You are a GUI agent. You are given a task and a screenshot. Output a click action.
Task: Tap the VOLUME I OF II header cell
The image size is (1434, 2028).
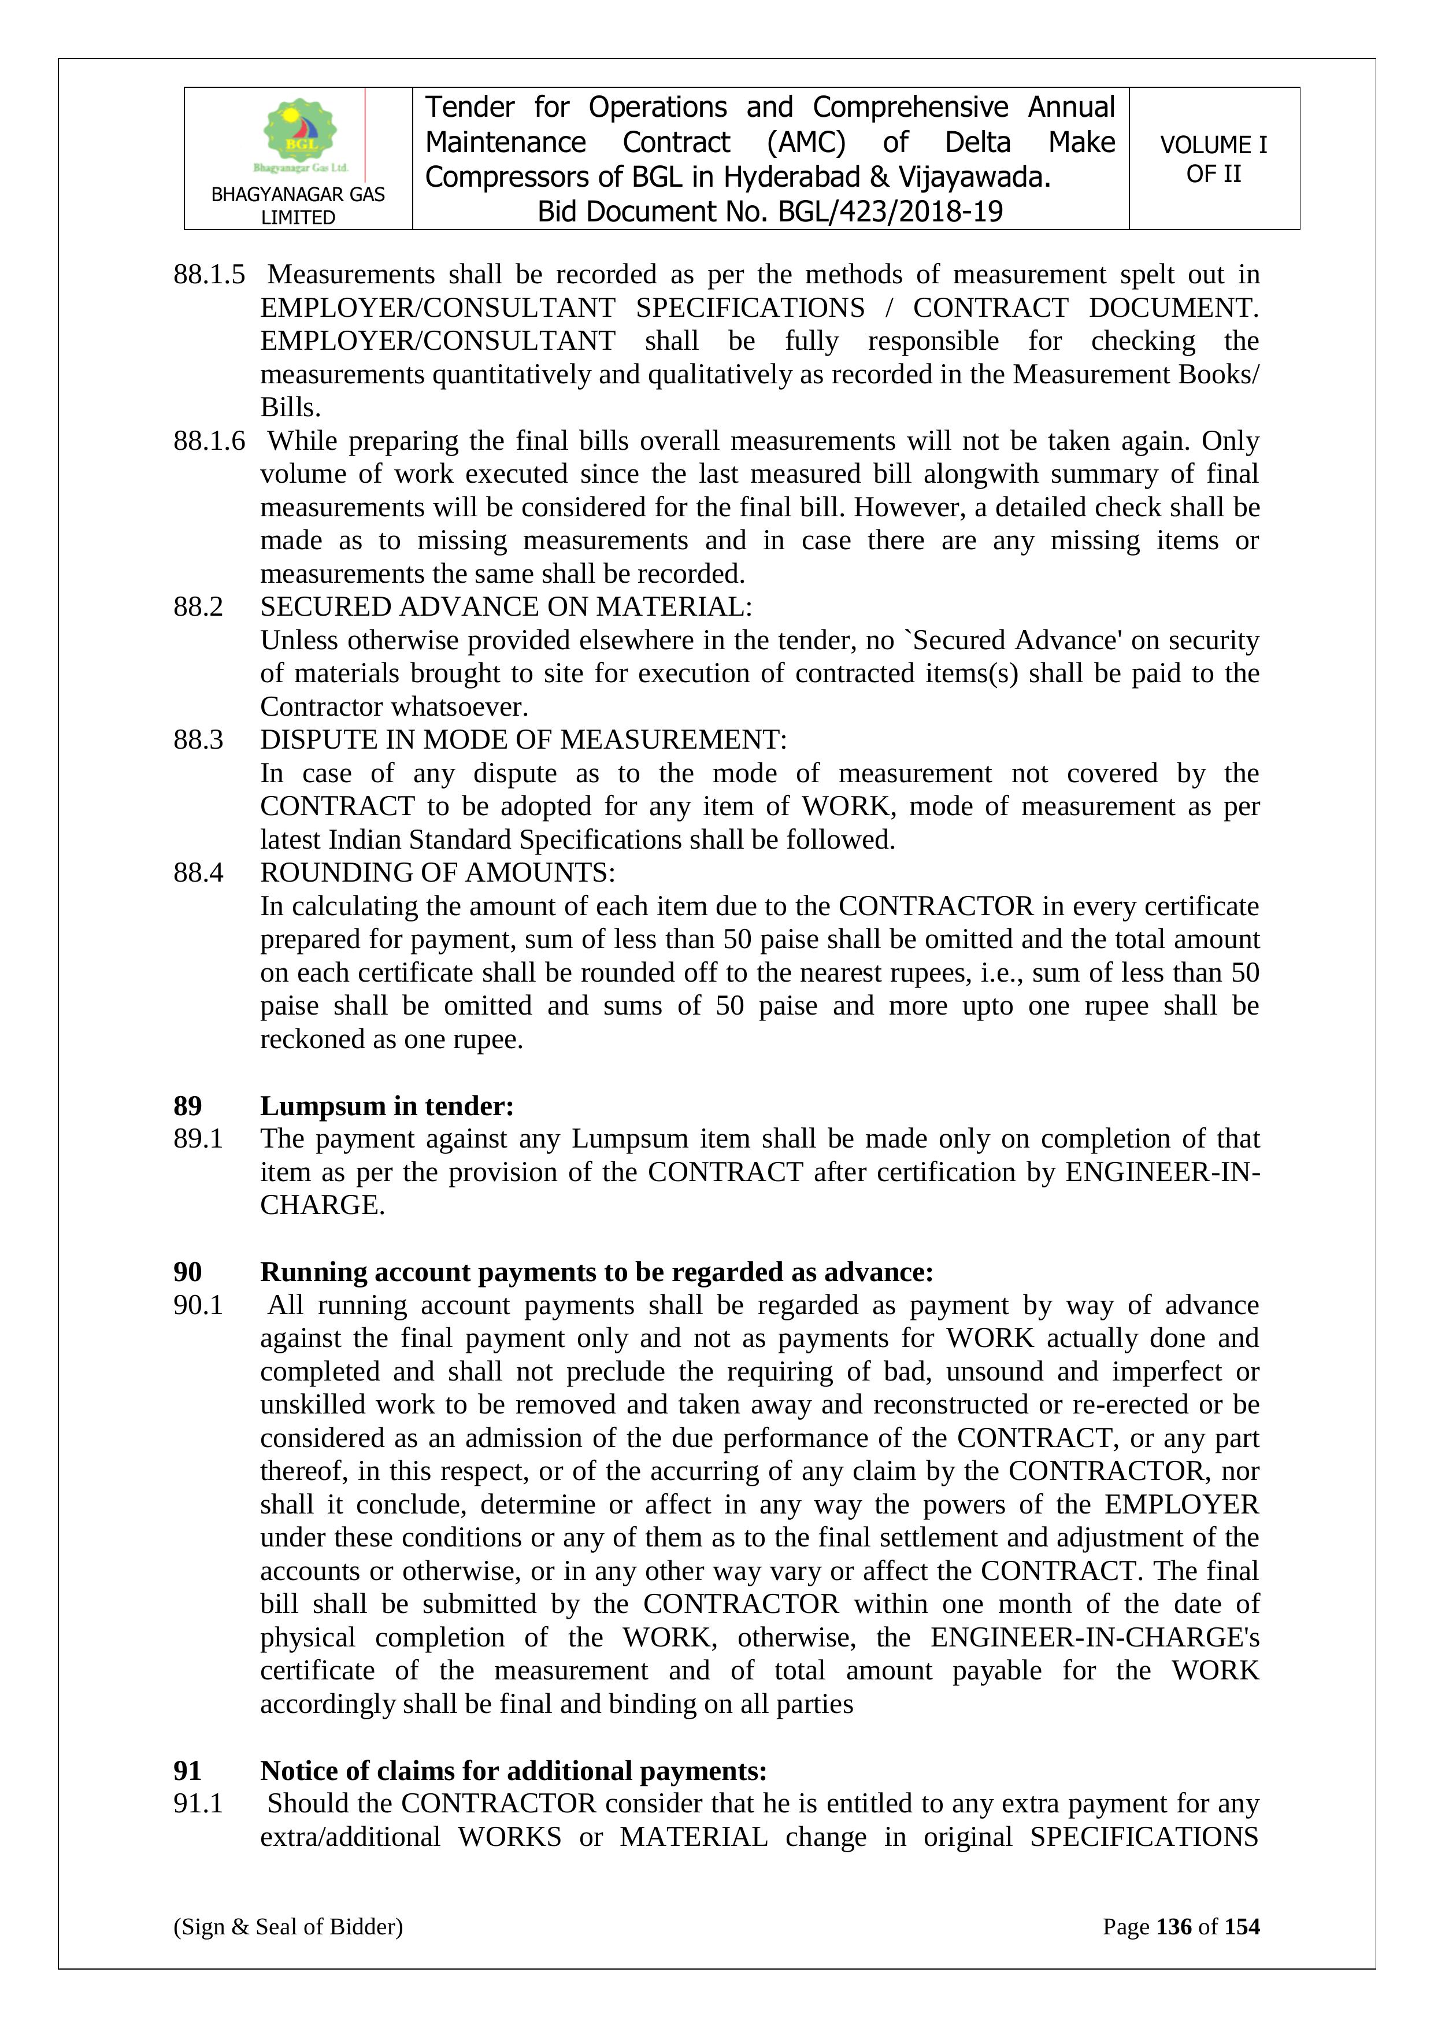[x=1213, y=159]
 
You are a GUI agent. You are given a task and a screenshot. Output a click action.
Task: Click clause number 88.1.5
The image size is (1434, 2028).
[x=209, y=275]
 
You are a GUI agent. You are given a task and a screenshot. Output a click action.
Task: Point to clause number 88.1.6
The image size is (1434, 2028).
[x=209, y=441]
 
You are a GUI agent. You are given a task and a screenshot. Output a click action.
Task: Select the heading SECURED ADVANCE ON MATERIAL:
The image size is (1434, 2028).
[x=506, y=607]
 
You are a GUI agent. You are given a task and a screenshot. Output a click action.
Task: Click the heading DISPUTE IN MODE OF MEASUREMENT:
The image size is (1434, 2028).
[x=523, y=739]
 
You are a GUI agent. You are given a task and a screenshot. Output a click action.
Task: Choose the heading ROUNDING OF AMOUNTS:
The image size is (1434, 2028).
[x=437, y=873]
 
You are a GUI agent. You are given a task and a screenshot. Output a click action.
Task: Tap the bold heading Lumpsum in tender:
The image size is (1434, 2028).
[x=387, y=1106]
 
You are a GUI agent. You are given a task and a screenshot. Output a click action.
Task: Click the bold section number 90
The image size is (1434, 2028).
[x=187, y=1272]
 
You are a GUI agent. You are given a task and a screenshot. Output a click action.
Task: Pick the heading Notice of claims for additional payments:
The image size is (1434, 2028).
[x=513, y=1771]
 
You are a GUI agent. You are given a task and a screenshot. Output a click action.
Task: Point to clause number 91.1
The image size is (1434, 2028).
[x=198, y=1804]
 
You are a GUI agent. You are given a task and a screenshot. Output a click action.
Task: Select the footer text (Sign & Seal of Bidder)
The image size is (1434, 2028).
[x=288, y=1926]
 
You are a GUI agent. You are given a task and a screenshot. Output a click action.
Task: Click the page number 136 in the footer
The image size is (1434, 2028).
[x=1173, y=1926]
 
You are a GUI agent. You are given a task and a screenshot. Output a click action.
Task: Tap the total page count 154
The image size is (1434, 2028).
[x=1242, y=1926]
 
